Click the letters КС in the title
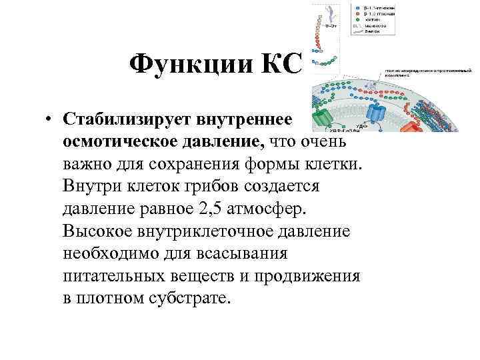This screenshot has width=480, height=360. pos(280,65)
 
